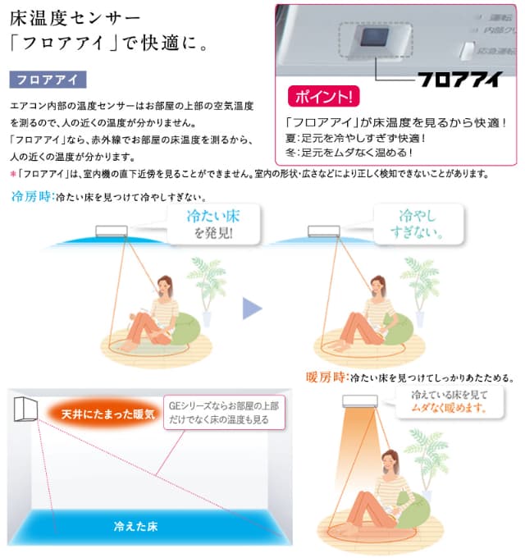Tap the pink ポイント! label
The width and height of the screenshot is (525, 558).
(323, 97)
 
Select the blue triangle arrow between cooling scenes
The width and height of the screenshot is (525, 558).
(252, 309)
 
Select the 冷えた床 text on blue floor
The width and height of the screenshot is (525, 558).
(136, 526)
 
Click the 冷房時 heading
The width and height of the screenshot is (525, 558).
(30, 198)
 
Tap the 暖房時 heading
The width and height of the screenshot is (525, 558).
(326, 378)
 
